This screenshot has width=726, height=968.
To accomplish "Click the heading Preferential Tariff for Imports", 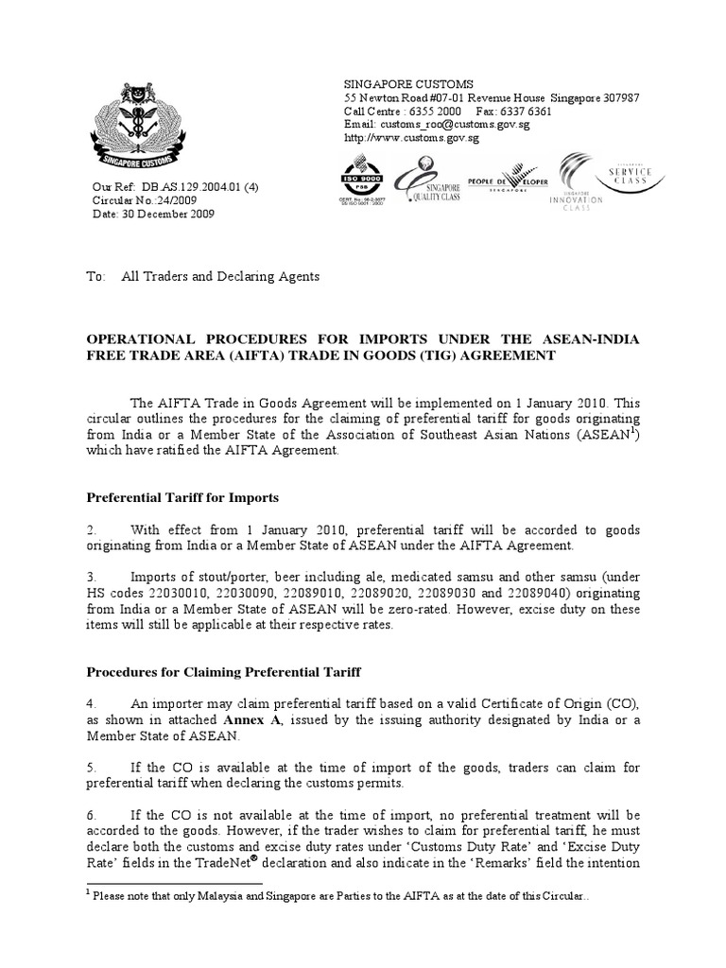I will click(x=182, y=496).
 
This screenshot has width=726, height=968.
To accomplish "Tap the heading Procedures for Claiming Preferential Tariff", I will click(x=224, y=672).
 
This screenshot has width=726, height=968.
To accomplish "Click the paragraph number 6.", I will click(x=90, y=814).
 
